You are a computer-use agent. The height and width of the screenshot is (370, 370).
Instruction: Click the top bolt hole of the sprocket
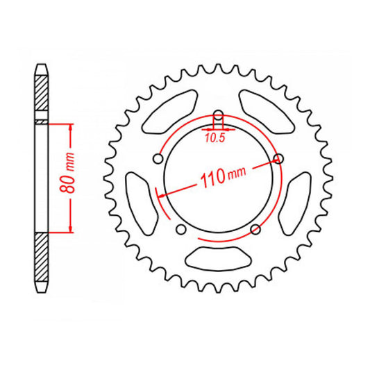click(x=219, y=115)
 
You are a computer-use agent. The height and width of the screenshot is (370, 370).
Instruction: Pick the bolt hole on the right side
click(x=280, y=160)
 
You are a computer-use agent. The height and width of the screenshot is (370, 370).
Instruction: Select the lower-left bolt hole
click(x=180, y=230)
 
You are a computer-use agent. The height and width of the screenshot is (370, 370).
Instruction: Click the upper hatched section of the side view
click(x=42, y=94)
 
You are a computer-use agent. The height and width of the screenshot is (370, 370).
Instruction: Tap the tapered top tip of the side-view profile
click(x=42, y=67)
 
